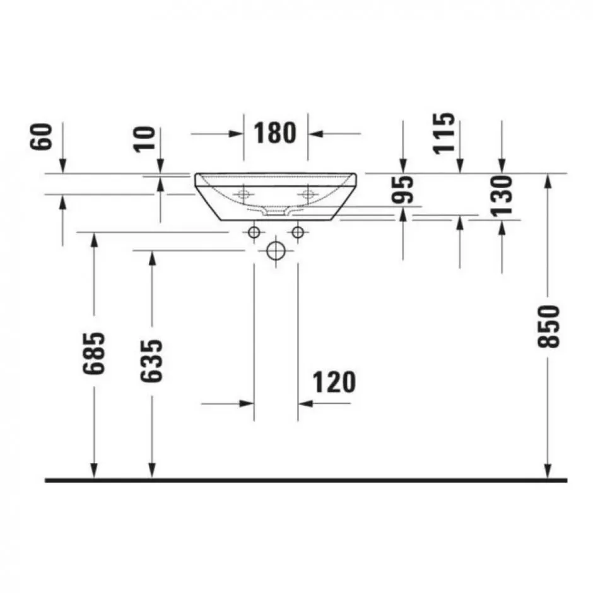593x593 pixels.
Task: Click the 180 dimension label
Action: [274, 132]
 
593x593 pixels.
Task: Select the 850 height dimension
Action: [548, 326]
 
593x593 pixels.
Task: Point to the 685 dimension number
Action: [93, 353]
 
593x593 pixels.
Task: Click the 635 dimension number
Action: [151, 361]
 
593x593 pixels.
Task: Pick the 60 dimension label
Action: [41, 136]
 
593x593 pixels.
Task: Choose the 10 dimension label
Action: [145, 139]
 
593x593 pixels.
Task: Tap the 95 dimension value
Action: [402, 189]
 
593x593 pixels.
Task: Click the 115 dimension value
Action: [444, 133]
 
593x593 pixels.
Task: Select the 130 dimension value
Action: [502, 196]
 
